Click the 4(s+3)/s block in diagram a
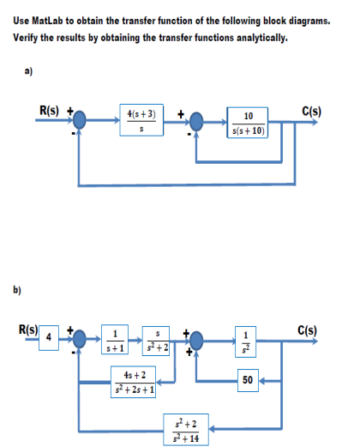[141, 120]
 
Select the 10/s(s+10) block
[248, 123]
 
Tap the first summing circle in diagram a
[79, 120]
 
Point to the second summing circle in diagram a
[196, 122]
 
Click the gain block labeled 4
[49, 338]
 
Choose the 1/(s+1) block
[115, 340]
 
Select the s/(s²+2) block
[156, 341]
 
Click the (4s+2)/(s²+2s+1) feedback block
[134, 382]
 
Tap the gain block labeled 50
[248, 380]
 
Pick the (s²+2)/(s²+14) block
[186, 430]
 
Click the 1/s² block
[246, 341]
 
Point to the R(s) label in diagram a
[49, 111]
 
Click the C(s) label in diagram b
[308, 330]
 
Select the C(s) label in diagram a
[312, 112]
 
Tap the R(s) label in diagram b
[28, 329]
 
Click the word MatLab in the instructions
[47, 21]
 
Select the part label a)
[28, 71]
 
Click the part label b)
[17, 290]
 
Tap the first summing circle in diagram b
[79, 339]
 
